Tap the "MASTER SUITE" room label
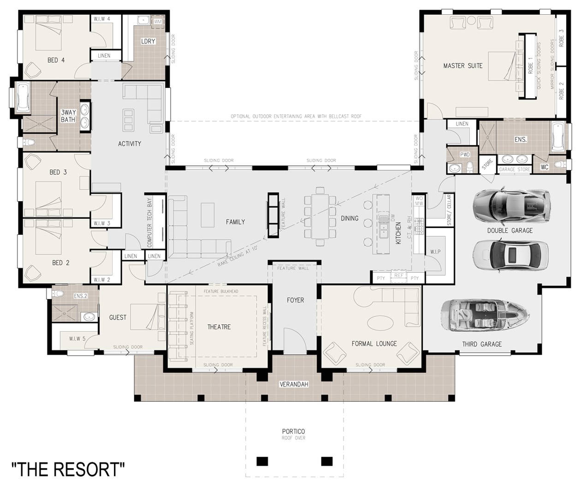462,66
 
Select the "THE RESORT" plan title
68,469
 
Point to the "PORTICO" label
294,432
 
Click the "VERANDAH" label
294,384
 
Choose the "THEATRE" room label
219,327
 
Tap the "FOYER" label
295,300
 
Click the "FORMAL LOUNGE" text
374,344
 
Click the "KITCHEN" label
398,233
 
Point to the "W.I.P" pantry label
435,252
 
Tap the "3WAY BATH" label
68,116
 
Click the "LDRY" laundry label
148,41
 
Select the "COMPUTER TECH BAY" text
149,223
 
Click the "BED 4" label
56,60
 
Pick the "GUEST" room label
118,317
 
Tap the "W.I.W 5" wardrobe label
77,339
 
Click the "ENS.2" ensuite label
80,296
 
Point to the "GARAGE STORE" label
515,170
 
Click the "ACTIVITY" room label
130,144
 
